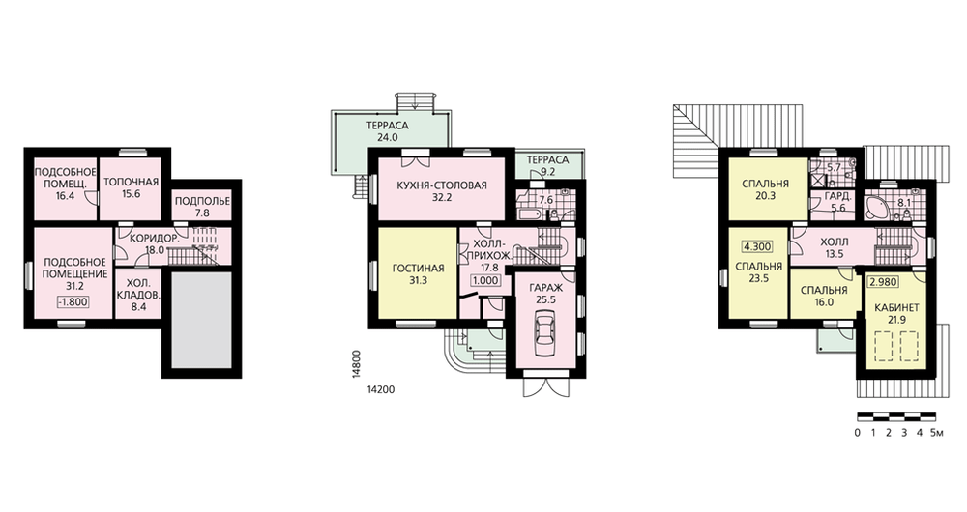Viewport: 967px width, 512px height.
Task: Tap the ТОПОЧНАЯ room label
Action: pyautogui.click(x=131, y=182)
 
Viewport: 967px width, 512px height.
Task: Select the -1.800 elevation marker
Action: pyautogui.click(x=73, y=302)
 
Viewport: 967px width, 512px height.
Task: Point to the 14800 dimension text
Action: pyautogui.click(x=357, y=368)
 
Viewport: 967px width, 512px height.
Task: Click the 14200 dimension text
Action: pyautogui.click(x=380, y=389)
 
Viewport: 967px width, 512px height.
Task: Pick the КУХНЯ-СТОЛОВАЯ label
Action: pyautogui.click(x=442, y=185)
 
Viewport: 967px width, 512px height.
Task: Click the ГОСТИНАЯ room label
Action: pyautogui.click(x=418, y=269)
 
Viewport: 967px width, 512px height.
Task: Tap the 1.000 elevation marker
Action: pyautogui.click(x=486, y=280)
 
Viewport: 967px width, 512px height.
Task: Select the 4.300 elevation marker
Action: pyautogui.click(x=757, y=246)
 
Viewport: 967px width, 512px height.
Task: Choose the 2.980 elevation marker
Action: pyautogui.click(x=883, y=283)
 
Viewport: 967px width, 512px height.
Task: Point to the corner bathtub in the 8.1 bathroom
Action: pyautogui.click(x=877, y=209)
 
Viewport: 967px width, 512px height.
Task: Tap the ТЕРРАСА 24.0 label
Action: pyautogui.click(x=388, y=131)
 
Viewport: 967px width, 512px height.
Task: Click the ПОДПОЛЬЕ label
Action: pyautogui.click(x=202, y=202)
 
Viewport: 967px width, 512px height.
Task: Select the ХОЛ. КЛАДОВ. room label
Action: pyautogui.click(x=138, y=289)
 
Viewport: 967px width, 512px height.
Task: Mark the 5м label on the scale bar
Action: pyautogui.click(x=937, y=433)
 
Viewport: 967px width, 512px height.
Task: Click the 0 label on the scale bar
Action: pyautogui.click(x=857, y=433)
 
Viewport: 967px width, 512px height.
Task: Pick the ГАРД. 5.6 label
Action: pyautogui.click(x=838, y=202)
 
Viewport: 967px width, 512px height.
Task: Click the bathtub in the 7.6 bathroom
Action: pyautogui.click(x=530, y=215)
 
